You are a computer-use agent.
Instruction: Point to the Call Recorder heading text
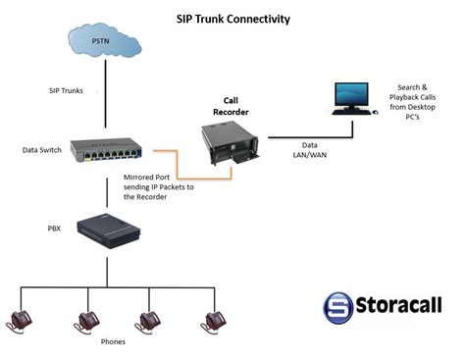[232, 106]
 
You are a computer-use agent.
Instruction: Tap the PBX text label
[54, 227]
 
